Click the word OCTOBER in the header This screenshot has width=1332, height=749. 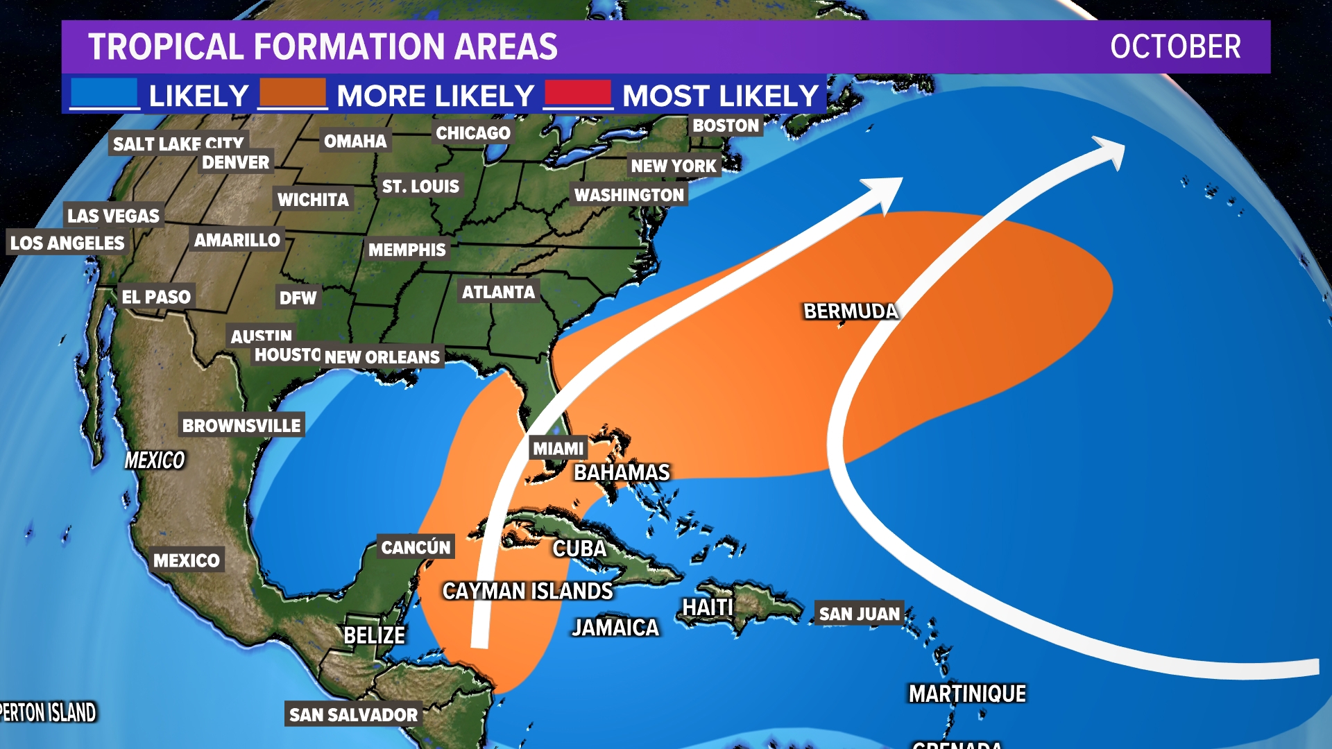(1175, 47)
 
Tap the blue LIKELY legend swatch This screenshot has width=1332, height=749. (105, 94)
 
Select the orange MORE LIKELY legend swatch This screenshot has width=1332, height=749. (292, 94)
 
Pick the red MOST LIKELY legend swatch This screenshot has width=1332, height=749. (578, 94)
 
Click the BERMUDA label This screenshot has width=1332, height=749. (851, 311)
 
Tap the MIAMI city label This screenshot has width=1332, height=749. (558, 449)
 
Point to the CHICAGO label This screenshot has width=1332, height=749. (472, 132)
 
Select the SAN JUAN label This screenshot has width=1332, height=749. (859, 614)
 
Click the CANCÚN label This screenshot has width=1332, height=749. (416, 547)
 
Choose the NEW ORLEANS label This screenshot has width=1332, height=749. (382, 357)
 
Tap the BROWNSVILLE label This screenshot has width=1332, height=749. (241, 425)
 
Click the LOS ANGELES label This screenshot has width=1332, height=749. (67, 243)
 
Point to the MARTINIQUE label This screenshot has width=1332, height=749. (967, 694)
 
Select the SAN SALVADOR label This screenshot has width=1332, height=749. (353, 714)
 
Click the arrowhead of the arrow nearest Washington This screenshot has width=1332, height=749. (885, 191)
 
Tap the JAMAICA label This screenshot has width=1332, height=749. (615, 628)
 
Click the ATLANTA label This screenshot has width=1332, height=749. (498, 292)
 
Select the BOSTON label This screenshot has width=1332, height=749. (726, 126)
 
